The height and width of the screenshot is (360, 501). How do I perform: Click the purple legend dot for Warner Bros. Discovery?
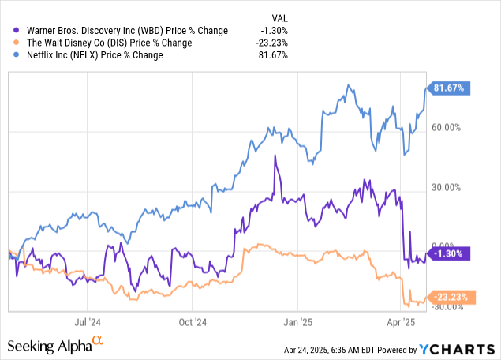coord(9,31)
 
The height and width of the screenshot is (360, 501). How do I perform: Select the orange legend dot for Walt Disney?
coord(9,43)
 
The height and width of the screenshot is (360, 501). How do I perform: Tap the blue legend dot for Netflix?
coord(9,55)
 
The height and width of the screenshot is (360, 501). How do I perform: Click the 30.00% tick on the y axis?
coord(447,187)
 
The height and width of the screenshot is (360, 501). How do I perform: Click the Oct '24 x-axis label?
coord(193,322)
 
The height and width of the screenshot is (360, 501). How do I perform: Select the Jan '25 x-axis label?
coord(297,322)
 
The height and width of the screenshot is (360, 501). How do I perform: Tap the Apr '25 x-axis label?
coord(402,322)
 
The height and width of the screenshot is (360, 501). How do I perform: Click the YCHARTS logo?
coord(458,349)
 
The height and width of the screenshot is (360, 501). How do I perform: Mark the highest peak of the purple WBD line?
coord(275,156)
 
